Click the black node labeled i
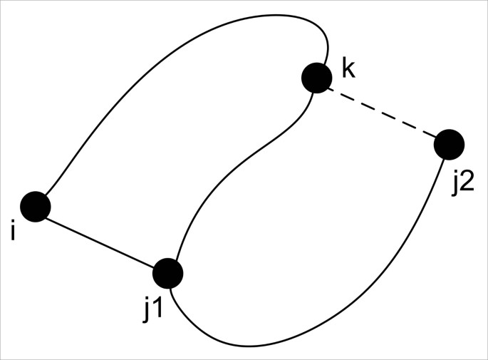tap(35, 207)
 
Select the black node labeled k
tap(316, 77)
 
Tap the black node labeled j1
tap(168, 272)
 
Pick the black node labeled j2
tap(449, 145)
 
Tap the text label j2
tap(462, 182)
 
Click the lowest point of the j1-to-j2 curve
tap(249, 346)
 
